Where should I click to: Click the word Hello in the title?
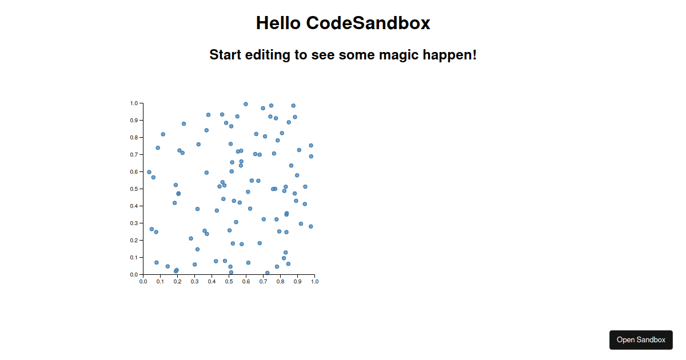278,23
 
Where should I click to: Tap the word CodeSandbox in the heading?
368,23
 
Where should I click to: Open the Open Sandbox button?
641,340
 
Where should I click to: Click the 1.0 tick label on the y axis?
134,103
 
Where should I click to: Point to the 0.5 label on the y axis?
134,189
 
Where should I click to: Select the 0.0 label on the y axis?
134,275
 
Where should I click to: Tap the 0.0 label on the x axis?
143,282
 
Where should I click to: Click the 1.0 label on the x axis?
314,282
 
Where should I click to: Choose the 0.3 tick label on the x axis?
194,282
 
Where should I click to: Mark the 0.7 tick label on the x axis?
263,282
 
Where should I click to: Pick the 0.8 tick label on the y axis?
134,138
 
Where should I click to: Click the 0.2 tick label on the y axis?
134,241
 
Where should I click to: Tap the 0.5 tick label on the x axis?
229,282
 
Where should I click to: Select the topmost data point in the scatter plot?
246,104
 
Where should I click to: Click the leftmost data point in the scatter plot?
149,172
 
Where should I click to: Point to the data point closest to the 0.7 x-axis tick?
268,273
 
